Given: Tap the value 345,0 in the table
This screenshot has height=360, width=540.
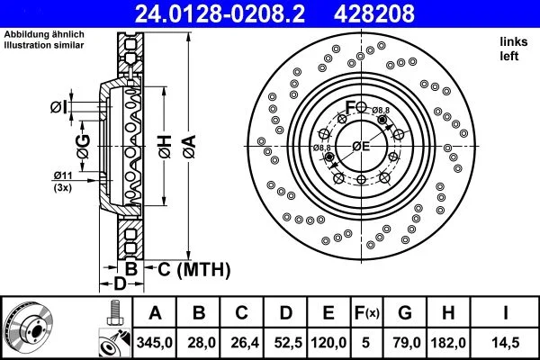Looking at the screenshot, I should [x=155, y=341].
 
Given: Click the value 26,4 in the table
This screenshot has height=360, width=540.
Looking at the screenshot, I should [x=241, y=341].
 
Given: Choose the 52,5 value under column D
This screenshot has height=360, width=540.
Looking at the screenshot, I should [x=284, y=341].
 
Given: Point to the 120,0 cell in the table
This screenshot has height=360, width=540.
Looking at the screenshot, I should [x=328, y=341].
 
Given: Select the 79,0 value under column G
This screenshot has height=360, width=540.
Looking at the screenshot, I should [x=405, y=341].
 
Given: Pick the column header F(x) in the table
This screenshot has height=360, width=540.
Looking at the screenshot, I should [x=366, y=313].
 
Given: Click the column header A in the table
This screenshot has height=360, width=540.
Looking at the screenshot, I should [x=155, y=313].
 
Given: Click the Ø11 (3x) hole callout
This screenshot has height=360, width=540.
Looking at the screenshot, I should [x=63, y=181].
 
